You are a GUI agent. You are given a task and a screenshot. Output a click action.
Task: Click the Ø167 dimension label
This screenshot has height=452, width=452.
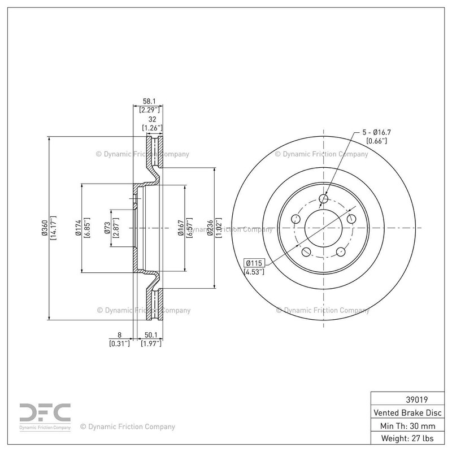tap(180, 228)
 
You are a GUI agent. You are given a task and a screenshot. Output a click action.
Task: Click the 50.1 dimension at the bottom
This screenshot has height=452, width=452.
tap(151, 334)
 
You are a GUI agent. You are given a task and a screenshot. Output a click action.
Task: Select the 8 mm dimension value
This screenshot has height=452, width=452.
tap(120, 334)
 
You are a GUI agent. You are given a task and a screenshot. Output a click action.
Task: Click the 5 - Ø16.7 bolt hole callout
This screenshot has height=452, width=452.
tap(375, 132)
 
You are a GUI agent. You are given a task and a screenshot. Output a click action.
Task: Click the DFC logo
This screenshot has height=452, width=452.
tap(45, 414)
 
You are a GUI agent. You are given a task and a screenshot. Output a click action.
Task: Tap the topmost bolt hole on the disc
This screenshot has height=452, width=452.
tap(324, 198)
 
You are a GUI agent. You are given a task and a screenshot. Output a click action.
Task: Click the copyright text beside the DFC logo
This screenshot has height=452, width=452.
tap(128, 427)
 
